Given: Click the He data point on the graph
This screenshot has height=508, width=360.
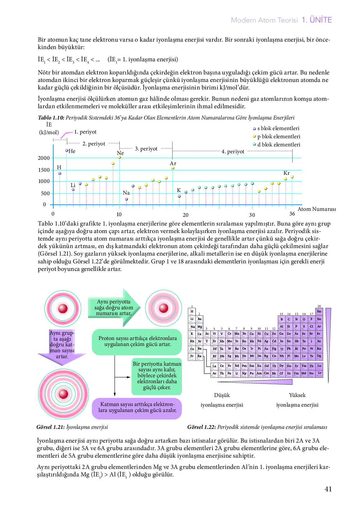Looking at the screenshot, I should (x=67, y=150).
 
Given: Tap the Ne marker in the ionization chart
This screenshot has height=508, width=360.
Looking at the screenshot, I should (x=119, y=157).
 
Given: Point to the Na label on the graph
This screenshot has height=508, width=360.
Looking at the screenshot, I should (x=126, y=193).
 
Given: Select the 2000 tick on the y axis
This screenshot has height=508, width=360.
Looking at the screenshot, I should (x=44, y=158).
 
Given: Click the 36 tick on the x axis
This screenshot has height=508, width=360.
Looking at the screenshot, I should (x=292, y=214).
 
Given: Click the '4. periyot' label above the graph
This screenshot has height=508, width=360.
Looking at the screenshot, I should (x=233, y=151).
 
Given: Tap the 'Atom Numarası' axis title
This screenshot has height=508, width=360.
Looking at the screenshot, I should (x=317, y=209).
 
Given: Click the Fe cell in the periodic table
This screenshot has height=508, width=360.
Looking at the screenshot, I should (x=244, y=334).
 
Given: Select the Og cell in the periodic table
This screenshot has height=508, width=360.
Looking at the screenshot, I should (x=319, y=356).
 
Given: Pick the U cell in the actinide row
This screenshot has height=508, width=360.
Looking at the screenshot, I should (x=237, y=373).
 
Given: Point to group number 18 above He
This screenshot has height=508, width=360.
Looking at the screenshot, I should (x=319, y=306).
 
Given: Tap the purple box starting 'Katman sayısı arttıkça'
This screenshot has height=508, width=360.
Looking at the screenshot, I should (x=137, y=407).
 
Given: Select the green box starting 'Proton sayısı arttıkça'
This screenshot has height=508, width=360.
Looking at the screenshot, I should (x=137, y=341).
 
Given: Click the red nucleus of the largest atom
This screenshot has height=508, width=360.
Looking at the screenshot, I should (x=63, y=394).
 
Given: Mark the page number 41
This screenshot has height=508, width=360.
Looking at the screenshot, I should (x=328, y=489).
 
